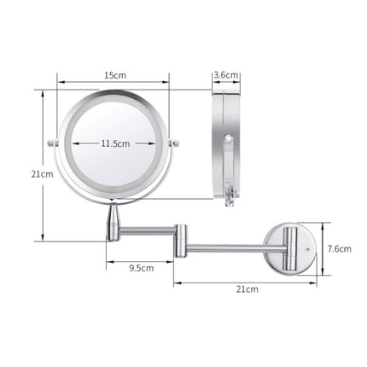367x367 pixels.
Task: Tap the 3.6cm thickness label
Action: [x=226, y=74]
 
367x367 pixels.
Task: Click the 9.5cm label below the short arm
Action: [x=141, y=268]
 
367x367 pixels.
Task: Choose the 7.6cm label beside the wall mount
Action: [x=339, y=248]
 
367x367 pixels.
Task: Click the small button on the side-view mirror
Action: [x=228, y=137]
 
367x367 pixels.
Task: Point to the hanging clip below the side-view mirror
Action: [x=229, y=195]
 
